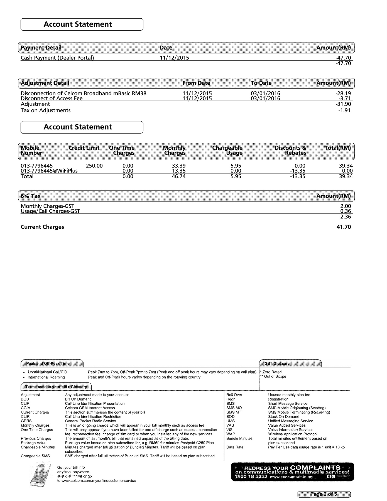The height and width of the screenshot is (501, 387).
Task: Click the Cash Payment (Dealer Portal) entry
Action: click(x=57, y=58)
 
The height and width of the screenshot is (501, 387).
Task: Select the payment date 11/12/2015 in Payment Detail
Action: click(x=174, y=58)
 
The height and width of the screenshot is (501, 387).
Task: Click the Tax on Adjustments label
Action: click(x=46, y=110)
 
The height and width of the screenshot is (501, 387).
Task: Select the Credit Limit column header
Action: click(x=84, y=148)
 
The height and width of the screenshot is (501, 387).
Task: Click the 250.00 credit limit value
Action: click(x=94, y=166)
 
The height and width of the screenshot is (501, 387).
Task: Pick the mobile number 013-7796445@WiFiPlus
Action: click(x=49, y=171)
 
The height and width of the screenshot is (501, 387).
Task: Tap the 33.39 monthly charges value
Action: click(x=178, y=166)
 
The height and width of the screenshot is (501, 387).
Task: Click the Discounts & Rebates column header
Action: click(x=290, y=150)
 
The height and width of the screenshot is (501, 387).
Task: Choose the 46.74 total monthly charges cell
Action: click(x=178, y=176)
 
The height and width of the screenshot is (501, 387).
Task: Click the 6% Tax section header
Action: click(x=31, y=196)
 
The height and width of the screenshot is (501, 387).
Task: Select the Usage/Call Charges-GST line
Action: click(x=50, y=211)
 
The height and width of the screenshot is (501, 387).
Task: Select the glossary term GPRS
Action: click(x=26, y=421)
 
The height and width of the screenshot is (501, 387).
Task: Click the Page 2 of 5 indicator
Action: click(x=324, y=494)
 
